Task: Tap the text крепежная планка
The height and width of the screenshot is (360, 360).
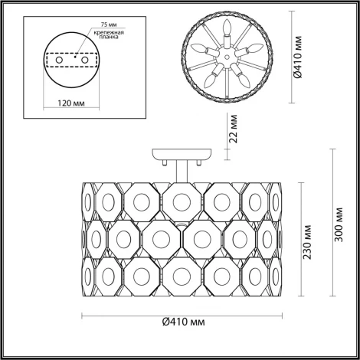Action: tap(110, 40)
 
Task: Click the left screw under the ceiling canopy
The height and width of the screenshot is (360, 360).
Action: tap(162, 162)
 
